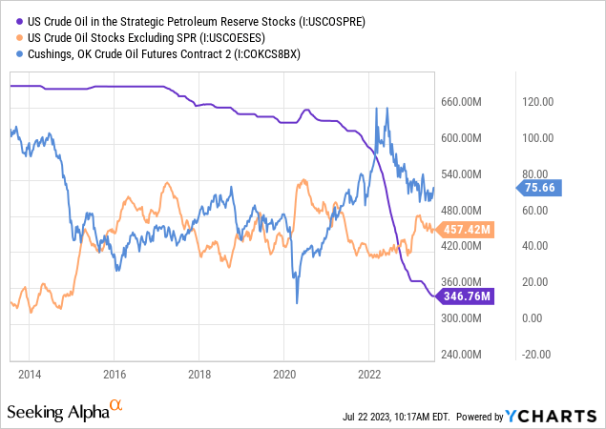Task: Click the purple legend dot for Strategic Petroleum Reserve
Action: (x=11, y=20)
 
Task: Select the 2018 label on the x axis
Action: (x=199, y=373)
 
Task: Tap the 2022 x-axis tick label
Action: (x=369, y=373)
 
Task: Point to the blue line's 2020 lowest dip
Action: (x=296, y=302)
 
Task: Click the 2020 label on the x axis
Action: (x=284, y=373)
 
